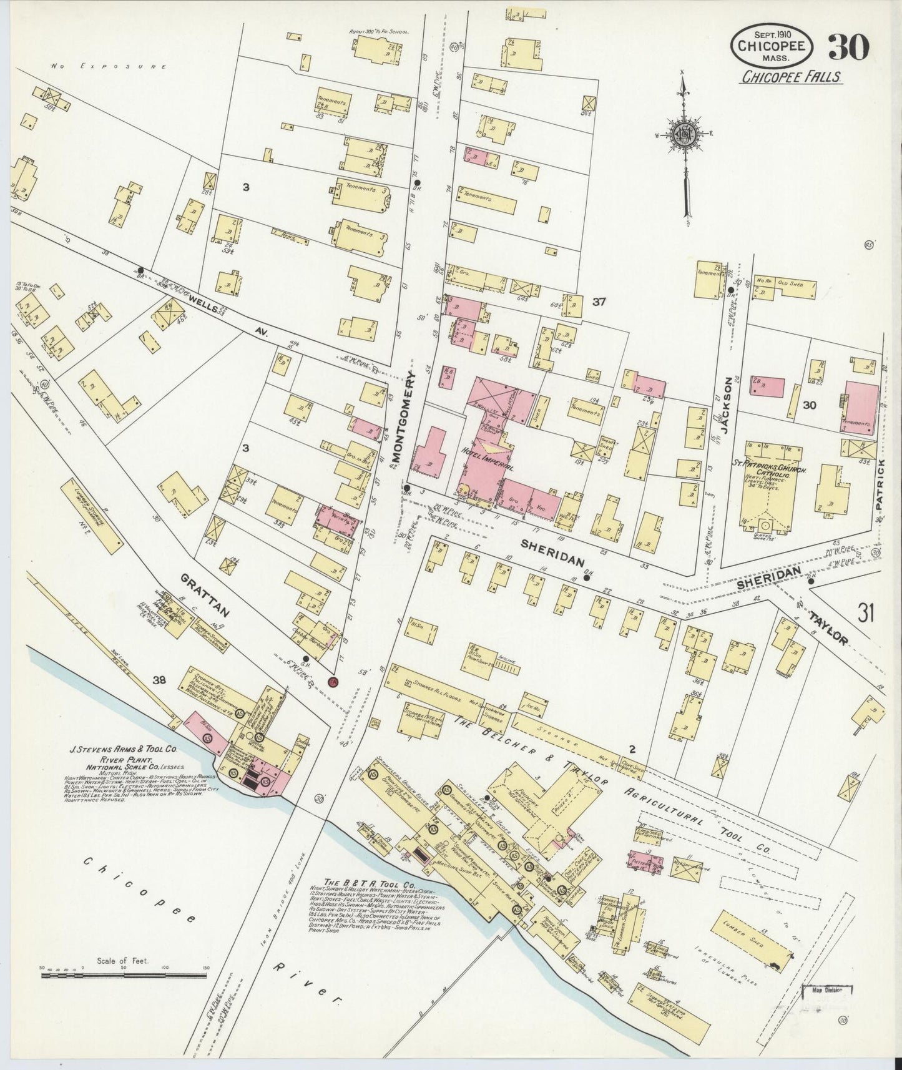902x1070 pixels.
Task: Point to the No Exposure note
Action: tap(109, 66)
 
